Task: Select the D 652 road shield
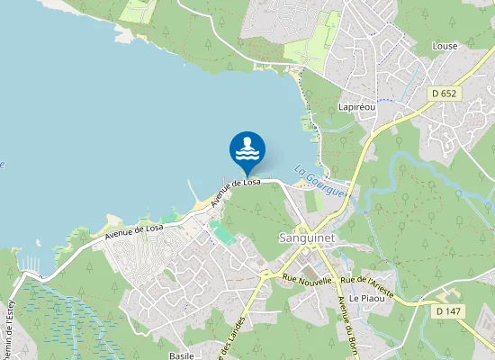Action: [444, 93]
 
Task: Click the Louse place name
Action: [445, 46]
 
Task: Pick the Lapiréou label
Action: [356, 106]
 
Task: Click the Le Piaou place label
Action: [366, 298]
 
